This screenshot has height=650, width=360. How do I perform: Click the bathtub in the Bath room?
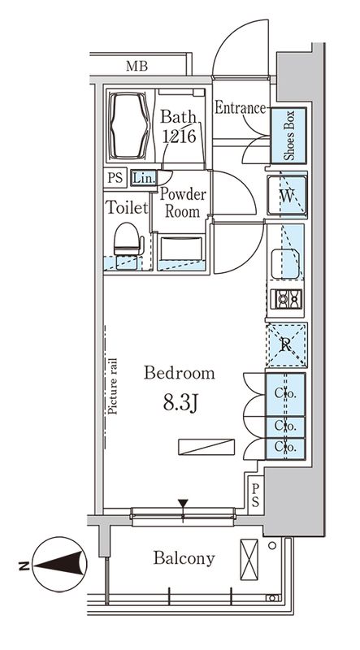[128, 125]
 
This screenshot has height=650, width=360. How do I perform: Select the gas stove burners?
[287, 298]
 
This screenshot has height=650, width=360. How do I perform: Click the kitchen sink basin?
[285, 264]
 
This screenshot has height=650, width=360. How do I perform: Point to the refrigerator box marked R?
[287, 344]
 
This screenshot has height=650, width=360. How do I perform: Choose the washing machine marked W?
[287, 195]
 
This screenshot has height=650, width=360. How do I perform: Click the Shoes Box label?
[288, 135]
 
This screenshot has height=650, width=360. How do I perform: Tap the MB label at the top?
[137, 66]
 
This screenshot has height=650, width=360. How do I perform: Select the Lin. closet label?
[145, 178]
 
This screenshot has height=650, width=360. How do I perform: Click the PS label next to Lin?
[115, 178]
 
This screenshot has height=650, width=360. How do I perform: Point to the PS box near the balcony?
[255, 496]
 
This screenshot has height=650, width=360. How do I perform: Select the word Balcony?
[184, 558]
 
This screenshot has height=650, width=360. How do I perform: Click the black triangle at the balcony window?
[183, 503]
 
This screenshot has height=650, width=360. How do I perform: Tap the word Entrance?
[241, 108]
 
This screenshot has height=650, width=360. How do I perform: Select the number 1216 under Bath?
[179, 136]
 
